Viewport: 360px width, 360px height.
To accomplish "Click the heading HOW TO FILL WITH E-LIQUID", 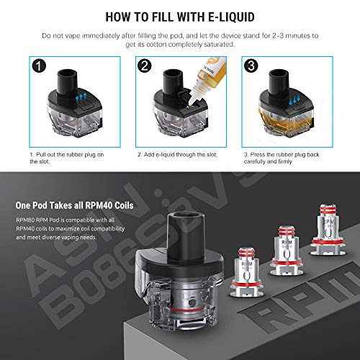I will tap(180, 15).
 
